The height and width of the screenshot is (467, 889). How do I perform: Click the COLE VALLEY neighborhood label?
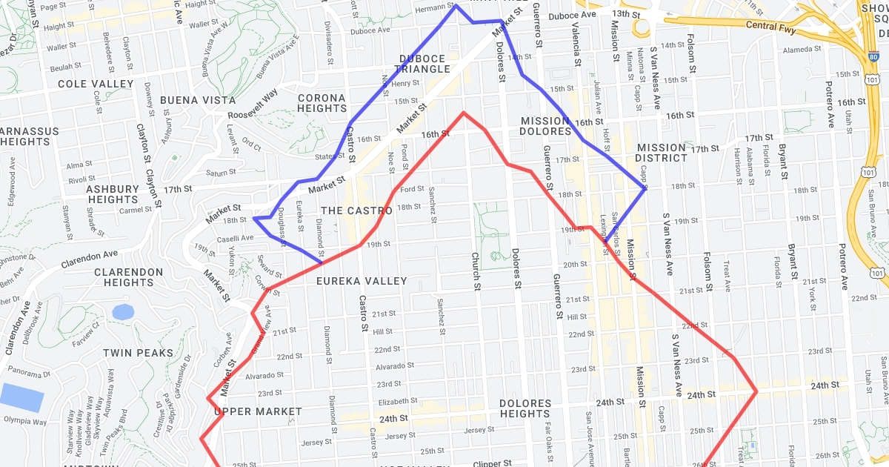tap(96, 84)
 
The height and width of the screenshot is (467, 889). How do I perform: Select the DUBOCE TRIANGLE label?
tap(424, 64)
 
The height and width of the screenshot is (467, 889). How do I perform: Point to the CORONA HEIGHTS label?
tap(322, 103)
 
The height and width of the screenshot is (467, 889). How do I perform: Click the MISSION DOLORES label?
tap(546, 126)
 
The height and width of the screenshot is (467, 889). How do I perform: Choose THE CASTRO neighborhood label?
tap(356, 211)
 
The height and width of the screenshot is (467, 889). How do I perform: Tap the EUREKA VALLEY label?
tap(362, 281)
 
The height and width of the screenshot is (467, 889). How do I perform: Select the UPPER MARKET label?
tap(258, 411)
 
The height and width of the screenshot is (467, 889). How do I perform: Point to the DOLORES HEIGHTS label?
tap(525, 408)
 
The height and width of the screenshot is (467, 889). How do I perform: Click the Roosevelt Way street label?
tap(253, 105)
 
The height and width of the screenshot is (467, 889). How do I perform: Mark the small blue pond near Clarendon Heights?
tap(123, 312)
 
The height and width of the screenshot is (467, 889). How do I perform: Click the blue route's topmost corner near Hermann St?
tap(455, 6)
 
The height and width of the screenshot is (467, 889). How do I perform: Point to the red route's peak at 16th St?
tap(464, 113)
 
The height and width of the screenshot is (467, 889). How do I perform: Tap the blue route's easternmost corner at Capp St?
tap(645, 190)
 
